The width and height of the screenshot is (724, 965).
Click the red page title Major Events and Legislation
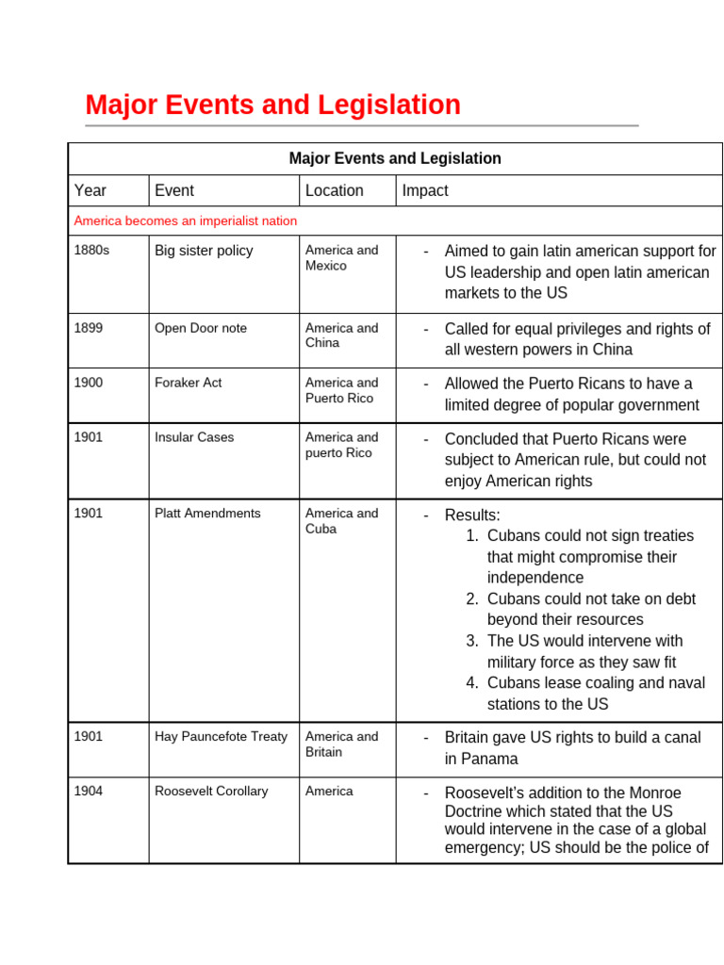[272, 105]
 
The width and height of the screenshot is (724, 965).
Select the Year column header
[90, 190]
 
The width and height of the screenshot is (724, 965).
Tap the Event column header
[174, 190]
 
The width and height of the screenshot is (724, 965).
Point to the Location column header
[335, 190]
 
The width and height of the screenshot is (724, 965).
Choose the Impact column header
[425, 190]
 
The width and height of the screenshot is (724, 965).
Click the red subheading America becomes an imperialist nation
[186, 221]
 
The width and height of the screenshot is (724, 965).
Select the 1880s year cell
[92, 251]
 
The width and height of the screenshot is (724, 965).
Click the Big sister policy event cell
[204, 251]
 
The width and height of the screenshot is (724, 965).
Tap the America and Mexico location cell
[341, 258]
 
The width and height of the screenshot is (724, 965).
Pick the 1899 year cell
[89, 328]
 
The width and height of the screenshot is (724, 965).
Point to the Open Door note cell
[201, 328]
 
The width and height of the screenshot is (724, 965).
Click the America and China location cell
[341, 335]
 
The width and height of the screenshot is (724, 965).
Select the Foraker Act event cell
[189, 383]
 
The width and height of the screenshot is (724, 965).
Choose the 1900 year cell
[89, 383]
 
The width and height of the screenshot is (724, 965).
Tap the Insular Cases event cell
[194, 437]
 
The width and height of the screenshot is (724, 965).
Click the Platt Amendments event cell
[207, 514]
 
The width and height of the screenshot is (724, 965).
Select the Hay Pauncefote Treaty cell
[221, 737]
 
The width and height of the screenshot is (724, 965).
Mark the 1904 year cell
[89, 792]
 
